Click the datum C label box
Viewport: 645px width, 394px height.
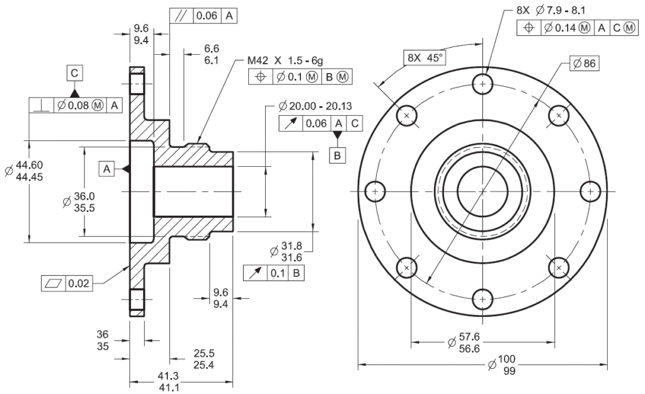(x=74, y=74)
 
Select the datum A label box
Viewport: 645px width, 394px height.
(x=106, y=169)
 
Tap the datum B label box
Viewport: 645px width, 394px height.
(x=338, y=154)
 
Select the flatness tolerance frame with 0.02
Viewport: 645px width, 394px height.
(x=66, y=283)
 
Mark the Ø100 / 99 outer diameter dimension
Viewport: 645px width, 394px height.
(x=501, y=364)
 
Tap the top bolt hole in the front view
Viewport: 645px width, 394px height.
(x=482, y=84)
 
